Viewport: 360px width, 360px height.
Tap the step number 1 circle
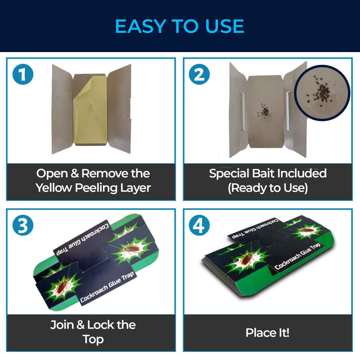tap(23, 75)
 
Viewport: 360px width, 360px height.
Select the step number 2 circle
tap(199, 75)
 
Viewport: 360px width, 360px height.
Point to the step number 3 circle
tap(23, 226)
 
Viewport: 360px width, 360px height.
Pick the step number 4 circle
tap(199, 226)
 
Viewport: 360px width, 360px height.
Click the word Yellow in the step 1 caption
tap(55, 188)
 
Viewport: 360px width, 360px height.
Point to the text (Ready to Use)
tap(268, 188)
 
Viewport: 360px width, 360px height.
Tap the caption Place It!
tap(267, 332)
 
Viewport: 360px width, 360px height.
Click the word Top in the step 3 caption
tap(93, 339)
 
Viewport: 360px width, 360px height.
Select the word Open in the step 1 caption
tap(52, 173)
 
